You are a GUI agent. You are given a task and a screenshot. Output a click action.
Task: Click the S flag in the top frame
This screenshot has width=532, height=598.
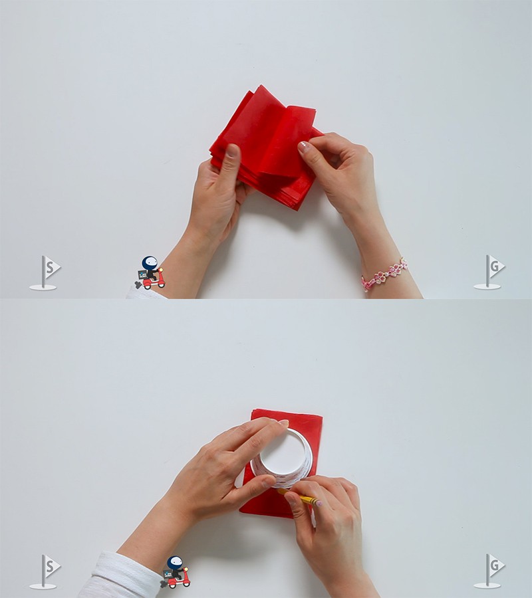pos(45,272)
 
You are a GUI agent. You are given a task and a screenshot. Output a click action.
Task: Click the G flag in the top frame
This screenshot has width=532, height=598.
pos(489,272)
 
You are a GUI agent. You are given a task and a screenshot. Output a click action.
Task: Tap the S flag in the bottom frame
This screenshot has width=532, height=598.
pos(45,571)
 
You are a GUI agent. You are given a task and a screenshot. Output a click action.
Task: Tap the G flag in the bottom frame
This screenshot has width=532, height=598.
pos(489,571)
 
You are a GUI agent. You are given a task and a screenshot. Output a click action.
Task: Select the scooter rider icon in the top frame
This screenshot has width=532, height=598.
pos(150,272)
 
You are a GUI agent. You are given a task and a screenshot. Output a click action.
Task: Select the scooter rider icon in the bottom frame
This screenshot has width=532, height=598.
pos(176,572)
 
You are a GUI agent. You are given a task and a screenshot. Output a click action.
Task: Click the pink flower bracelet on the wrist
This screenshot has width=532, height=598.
pos(384,274)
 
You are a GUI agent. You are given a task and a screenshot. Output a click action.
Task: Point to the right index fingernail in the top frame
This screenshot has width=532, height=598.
pos(304,146)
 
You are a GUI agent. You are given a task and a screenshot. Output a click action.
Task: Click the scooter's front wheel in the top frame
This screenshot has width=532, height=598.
pos(161,284)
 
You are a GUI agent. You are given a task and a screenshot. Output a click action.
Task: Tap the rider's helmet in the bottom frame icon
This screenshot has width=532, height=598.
pos(175,562)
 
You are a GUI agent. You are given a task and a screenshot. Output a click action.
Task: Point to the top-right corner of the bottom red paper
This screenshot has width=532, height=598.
pos(323,417)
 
